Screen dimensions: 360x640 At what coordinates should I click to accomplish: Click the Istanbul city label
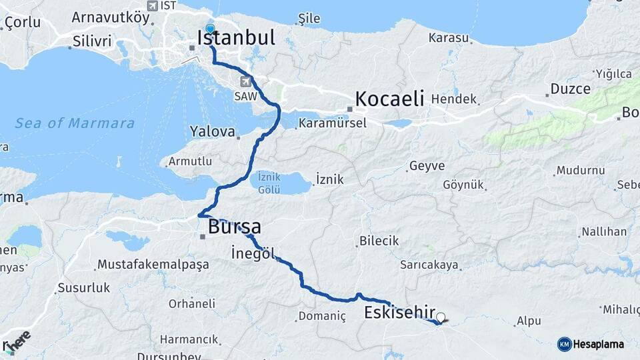[237, 38]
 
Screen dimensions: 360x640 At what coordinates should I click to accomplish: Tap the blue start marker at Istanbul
[211, 29]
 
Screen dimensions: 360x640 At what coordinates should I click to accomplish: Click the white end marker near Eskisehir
[441, 317]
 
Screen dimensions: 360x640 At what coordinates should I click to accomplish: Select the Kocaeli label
[390, 99]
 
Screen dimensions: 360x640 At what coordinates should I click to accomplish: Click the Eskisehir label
[400, 313]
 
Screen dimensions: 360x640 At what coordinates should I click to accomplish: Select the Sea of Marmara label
[75, 123]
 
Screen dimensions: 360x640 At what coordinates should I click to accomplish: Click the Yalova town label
[213, 132]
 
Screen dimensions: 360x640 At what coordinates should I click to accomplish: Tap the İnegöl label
[251, 253]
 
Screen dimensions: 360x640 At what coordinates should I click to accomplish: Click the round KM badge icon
[564, 344]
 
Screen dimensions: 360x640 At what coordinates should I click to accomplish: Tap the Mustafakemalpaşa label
[153, 265]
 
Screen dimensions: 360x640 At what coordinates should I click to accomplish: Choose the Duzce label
[570, 89]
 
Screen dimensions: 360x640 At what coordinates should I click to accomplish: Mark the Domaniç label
[322, 316]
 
